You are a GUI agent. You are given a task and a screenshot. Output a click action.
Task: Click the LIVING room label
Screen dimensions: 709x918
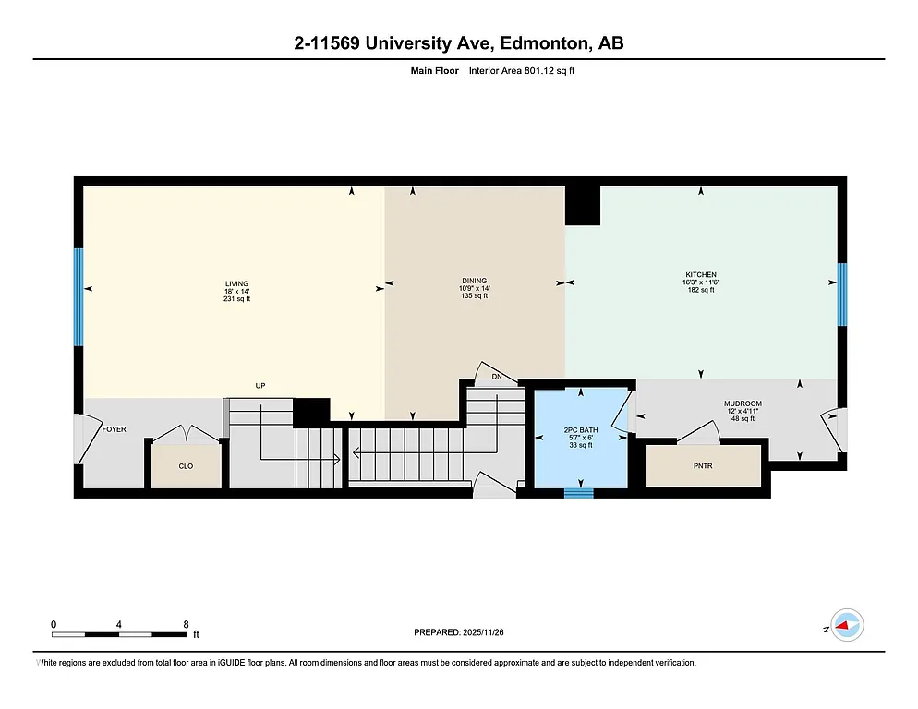(x=237, y=283)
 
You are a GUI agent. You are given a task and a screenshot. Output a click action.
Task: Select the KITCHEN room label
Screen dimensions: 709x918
(x=701, y=274)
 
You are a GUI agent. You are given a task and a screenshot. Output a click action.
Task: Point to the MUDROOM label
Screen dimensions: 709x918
(x=743, y=403)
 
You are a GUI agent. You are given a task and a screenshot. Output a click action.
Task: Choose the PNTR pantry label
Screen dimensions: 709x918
(x=704, y=466)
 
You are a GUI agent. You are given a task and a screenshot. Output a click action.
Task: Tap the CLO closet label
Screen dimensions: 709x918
(x=186, y=466)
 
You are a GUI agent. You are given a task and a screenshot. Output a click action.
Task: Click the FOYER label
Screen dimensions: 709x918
(x=115, y=429)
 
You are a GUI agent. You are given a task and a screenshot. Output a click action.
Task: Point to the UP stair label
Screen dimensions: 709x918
(x=261, y=386)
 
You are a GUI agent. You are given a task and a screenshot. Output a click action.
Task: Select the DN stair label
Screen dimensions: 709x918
(x=497, y=377)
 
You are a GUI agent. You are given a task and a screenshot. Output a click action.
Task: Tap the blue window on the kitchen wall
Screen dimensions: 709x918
(x=841, y=294)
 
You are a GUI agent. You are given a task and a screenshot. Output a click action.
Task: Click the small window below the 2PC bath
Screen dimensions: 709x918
(x=579, y=494)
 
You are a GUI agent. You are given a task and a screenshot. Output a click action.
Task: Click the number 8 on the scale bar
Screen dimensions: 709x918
(x=187, y=624)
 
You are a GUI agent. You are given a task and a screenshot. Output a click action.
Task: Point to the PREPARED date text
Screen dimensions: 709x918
(x=458, y=632)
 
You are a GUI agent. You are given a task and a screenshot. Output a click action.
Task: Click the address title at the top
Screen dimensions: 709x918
(x=458, y=43)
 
